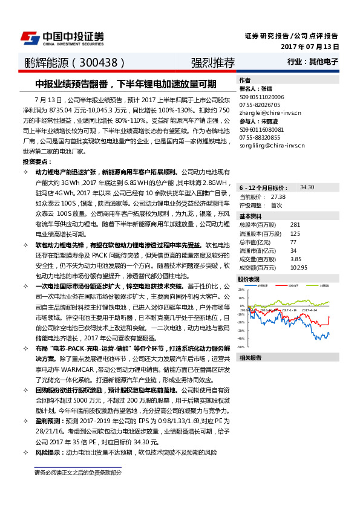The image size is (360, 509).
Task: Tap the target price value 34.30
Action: pyautogui.click(x=307, y=187)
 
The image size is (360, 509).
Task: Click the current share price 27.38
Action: pyautogui.click(x=278, y=197)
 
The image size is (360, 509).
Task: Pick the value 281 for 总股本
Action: pyautogui.click(x=295, y=225)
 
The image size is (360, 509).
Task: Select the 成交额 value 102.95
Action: pyautogui.click(x=299, y=267)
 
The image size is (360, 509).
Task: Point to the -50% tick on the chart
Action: pyautogui.click(x=241, y=347)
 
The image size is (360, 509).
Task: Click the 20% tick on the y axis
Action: pyautogui.click(x=241, y=289)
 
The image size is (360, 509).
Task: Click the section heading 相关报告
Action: pyautogui.click(x=250, y=358)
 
